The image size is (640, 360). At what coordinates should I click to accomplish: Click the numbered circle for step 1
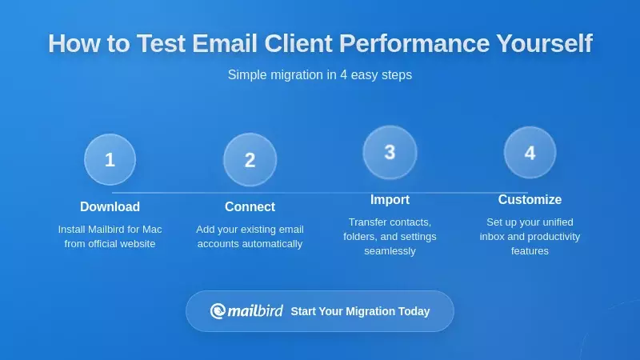click(110, 159)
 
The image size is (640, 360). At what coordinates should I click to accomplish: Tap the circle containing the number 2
click(250, 159)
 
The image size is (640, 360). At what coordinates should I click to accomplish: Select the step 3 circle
click(390, 152)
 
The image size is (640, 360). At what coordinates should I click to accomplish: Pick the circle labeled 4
click(530, 152)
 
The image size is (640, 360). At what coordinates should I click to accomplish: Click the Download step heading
click(110, 206)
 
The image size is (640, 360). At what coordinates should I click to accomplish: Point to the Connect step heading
click(250, 206)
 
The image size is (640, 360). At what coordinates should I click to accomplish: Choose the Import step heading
click(390, 199)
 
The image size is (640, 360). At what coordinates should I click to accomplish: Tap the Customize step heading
click(530, 199)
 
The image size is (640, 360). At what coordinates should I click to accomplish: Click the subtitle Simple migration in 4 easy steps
click(320, 74)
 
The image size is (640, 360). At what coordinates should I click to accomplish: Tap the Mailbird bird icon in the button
click(218, 311)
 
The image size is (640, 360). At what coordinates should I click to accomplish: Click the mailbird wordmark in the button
click(255, 311)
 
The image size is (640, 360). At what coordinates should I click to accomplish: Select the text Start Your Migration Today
click(360, 311)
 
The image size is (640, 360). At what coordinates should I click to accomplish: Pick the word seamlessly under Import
click(390, 250)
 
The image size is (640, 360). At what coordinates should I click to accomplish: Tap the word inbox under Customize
click(494, 236)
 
